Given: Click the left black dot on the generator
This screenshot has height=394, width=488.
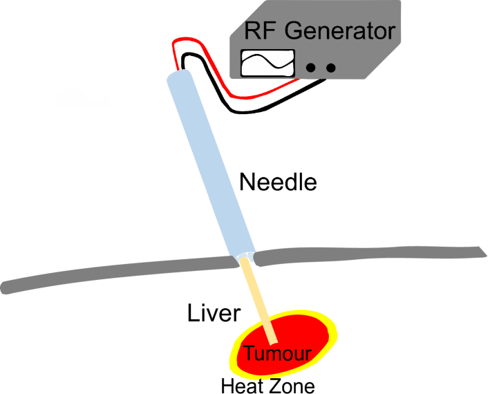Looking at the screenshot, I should tap(313, 68).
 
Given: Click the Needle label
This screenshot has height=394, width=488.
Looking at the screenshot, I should tap(278, 182).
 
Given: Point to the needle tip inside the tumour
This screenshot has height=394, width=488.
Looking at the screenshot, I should tap(274, 338).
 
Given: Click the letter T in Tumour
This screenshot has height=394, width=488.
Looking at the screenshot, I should tap(250, 353).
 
